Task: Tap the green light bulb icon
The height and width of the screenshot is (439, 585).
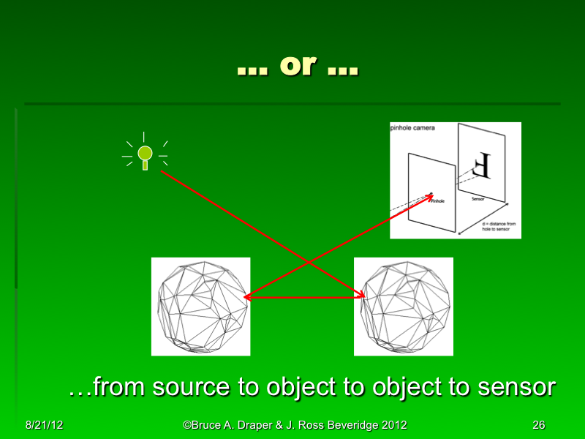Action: (x=145, y=154)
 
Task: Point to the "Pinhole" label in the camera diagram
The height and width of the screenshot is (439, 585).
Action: (x=437, y=200)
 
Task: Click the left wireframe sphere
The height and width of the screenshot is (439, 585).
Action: (x=200, y=307)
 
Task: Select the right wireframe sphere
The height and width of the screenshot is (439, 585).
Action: (x=404, y=307)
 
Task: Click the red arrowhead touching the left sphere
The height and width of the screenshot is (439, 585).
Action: (x=246, y=297)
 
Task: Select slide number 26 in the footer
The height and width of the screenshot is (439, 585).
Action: (x=539, y=425)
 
